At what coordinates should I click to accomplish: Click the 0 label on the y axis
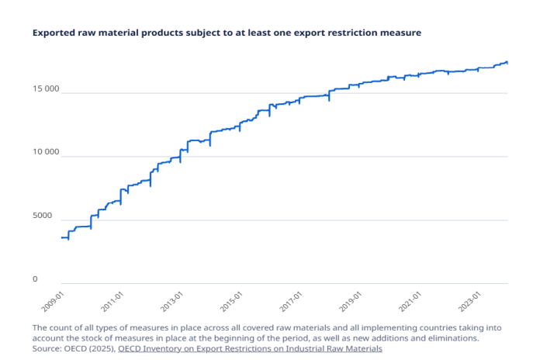point(57,279)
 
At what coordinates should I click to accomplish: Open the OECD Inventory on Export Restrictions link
point(250,349)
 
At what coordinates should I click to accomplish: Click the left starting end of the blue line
point(62,237)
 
